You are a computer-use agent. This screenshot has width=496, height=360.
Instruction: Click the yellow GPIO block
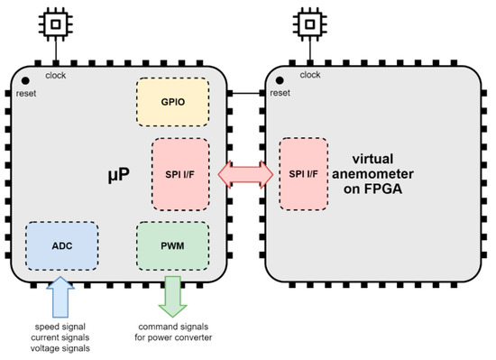(x=172, y=102)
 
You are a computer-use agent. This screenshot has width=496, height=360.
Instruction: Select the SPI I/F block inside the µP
(x=180, y=173)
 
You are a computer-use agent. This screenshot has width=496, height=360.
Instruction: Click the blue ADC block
(x=61, y=243)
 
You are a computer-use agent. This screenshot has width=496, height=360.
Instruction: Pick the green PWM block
(x=172, y=244)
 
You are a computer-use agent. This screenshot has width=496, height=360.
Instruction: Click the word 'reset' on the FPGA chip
(x=280, y=92)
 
